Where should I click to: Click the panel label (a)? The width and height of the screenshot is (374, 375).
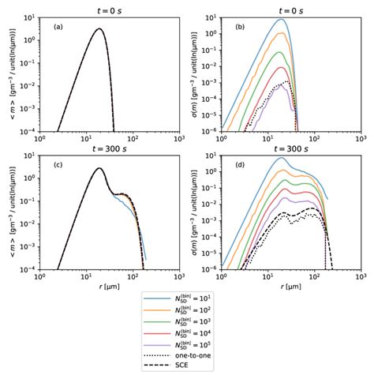58,27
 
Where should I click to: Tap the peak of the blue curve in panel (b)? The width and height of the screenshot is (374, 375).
281,19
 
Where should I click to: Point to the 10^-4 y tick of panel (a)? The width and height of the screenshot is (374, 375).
27,129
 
